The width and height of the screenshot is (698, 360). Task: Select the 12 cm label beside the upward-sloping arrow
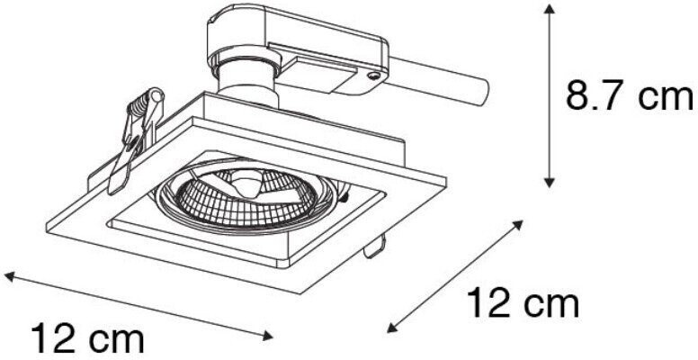pos(523,303)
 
